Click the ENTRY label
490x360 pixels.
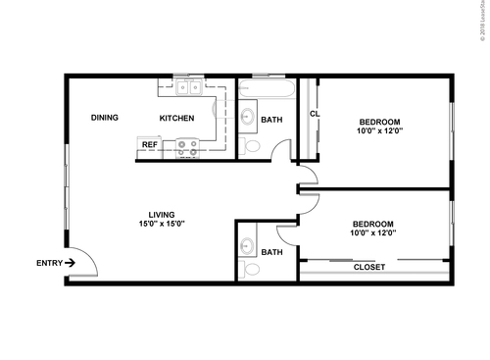coord(48,263)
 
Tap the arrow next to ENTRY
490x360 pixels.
coord(70,263)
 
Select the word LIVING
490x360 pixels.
coord(162,215)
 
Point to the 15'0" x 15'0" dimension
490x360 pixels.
coord(162,225)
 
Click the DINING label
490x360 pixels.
coord(105,118)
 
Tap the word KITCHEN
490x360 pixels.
coord(177,119)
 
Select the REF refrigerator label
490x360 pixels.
coord(149,144)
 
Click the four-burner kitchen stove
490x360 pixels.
coord(186,147)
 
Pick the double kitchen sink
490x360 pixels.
coord(188,89)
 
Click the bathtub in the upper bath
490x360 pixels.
coord(267,90)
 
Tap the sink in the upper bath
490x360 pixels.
coord(248,119)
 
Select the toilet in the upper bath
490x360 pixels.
coord(251,146)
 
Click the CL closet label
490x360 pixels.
coord(315,114)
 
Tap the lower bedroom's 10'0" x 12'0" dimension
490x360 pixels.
coord(373,233)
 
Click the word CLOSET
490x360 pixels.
coord(369,268)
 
